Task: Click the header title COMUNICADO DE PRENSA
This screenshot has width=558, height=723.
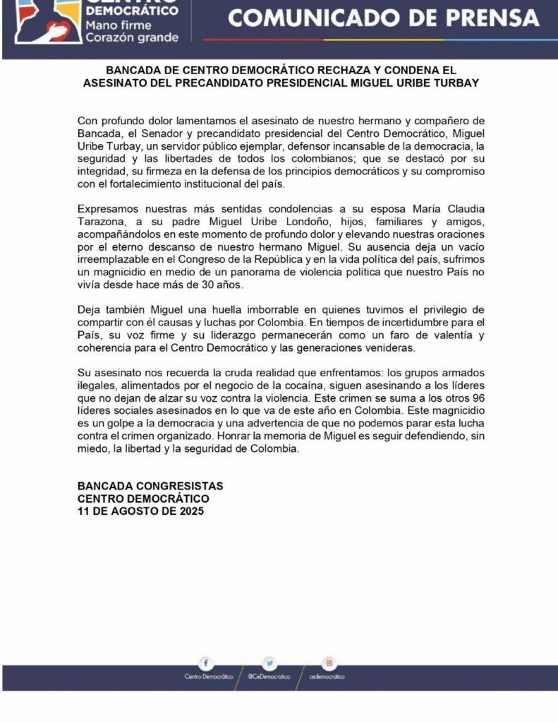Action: tap(384, 18)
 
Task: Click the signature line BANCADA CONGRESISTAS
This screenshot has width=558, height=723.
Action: tap(150, 486)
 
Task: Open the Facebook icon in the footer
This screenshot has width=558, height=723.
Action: tap(206, 663)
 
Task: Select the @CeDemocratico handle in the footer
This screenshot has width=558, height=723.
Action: tap(269, 676)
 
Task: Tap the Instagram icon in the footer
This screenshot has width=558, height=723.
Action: tap(329, 663)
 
